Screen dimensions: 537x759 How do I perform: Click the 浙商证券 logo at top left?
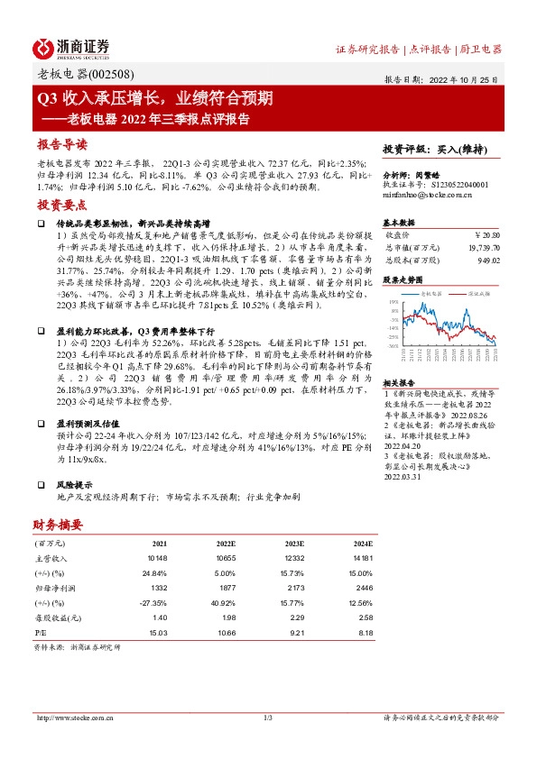pos(71,48)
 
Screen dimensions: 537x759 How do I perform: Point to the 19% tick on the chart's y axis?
pos(394,305)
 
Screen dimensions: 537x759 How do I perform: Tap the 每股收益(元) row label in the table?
pos(55,617)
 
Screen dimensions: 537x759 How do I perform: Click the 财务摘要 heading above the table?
pos(59,525)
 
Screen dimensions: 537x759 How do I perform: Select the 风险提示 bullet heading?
pos(73,482)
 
